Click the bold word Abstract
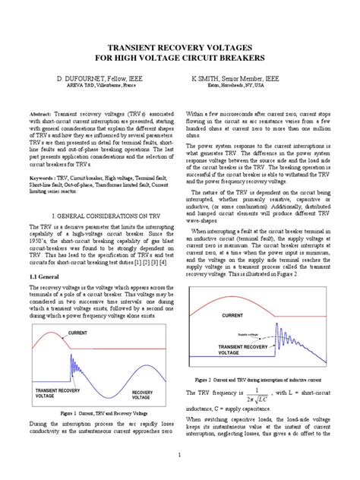[x=41, y=111]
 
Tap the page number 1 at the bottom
[x=180, y=455]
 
